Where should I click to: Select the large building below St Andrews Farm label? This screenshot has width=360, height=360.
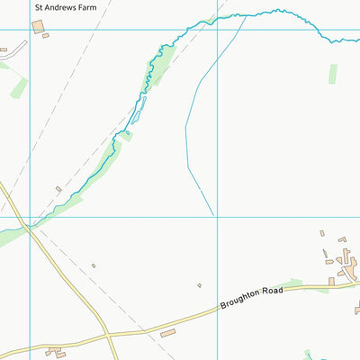tap(38, 27)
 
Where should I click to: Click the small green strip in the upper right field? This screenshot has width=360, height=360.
tap(332, 74)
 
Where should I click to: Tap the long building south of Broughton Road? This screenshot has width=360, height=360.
tap(168, 334)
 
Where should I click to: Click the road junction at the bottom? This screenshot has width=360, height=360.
tap(107, 337)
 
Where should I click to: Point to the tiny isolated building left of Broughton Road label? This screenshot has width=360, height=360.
tap(199, 285)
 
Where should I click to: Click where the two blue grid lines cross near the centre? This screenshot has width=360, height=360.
tap(217, 216)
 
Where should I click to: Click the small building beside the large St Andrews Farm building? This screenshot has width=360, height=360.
tap(46, 36)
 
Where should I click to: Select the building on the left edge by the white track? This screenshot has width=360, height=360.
tap(4, 49)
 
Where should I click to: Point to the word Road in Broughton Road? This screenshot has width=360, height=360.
tap(272, 292)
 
